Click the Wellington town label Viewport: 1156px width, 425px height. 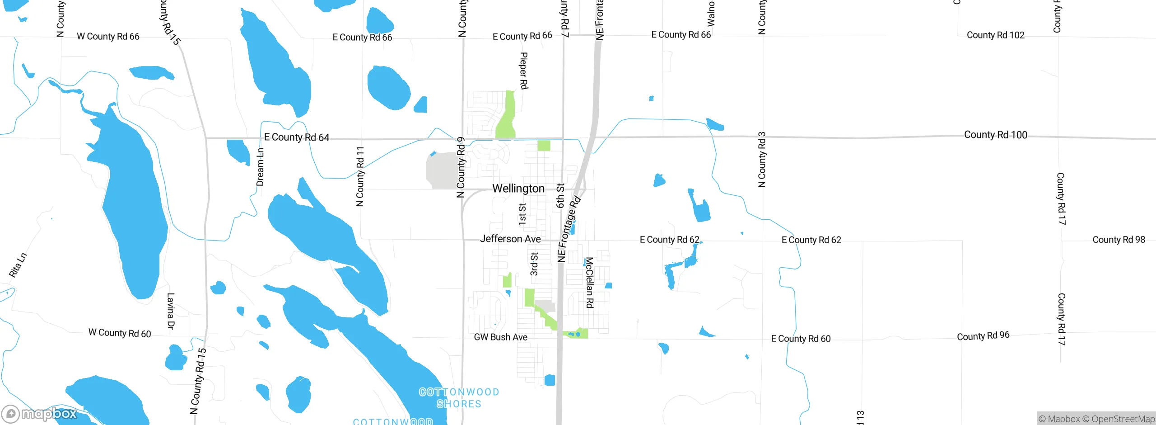(518, 188)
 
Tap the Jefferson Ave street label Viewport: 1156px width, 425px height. (510, 239)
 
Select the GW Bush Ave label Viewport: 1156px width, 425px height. (500, 337)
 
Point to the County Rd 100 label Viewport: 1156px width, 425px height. (995, 135)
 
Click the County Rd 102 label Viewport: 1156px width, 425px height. (995, 35)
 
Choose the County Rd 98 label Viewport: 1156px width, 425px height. (1119, 240)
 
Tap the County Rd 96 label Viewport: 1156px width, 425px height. (983, 336)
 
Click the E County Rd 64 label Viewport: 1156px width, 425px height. (297, 137)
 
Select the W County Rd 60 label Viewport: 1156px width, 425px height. (120, 333)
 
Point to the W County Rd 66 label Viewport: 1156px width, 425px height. (108, 37)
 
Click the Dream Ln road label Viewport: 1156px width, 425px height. (260, 167)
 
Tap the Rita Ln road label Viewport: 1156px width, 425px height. (18, 265)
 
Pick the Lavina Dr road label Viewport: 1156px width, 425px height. (171, 311)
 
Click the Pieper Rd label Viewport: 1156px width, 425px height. (524, 71)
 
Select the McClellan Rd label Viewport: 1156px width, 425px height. (589, 283)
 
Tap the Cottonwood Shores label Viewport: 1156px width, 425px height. (459, 398)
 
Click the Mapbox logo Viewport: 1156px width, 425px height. (40, 414)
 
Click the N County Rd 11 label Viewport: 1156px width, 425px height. (360, 176)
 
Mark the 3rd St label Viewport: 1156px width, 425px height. (534, 264)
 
